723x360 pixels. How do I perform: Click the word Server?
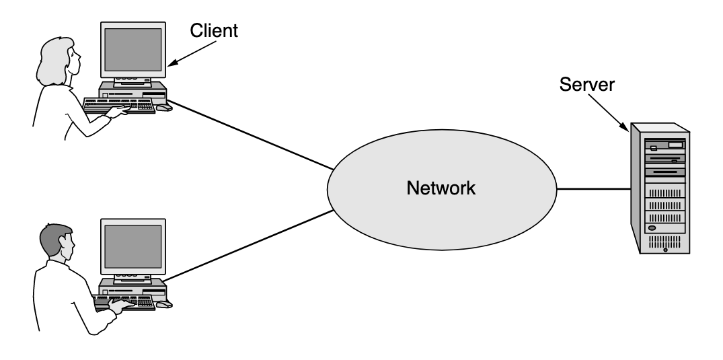pyautogui.click(x=588, y=85)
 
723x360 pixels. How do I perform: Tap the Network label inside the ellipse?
pyautogui.click(x=441, y=188)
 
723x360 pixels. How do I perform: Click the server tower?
pyautogui.click(x=660, y=192)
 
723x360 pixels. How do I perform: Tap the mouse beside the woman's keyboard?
pyautogui.click(x=164, y=108)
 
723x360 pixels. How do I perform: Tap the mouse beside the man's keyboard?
pyautogui.click(x=164, y=304)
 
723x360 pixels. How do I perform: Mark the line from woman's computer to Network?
pyautogui.click(x=249, y=135)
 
